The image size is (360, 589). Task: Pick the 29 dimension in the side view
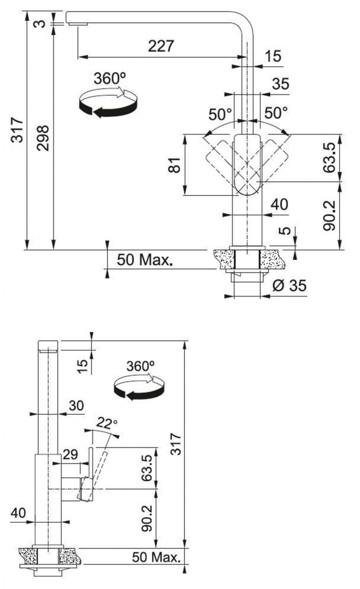[70, 454]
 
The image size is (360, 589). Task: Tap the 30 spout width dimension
[76, 406]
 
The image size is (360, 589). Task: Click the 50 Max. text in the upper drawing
[145, 260]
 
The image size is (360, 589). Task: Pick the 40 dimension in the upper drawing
[279, 205]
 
